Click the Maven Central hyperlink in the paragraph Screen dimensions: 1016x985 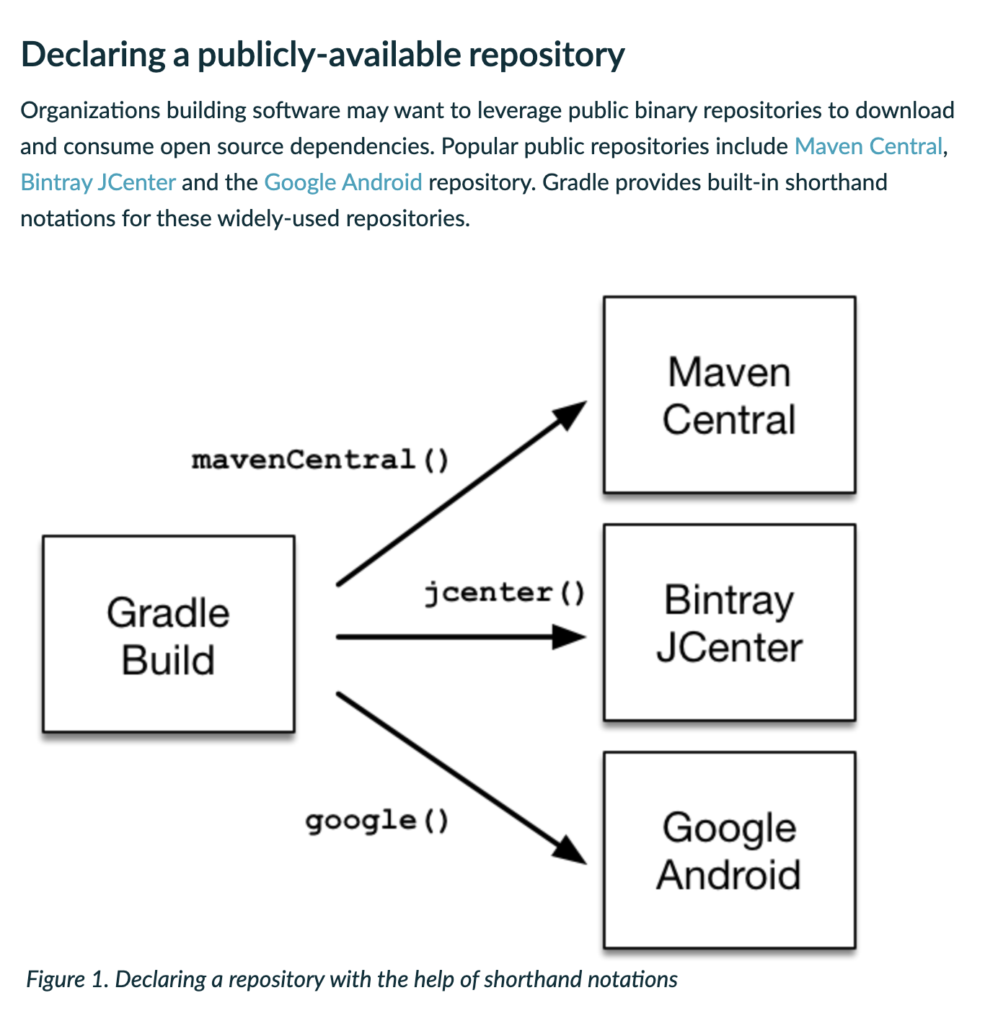[868, 146]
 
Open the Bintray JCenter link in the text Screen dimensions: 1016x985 [98, 182]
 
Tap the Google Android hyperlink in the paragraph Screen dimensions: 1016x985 [343, 182]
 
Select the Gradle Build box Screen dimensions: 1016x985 [169, 634]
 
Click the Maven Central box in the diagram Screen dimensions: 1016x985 [729, 395]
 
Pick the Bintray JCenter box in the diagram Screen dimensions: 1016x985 [729, 623]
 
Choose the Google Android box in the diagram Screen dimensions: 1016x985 [729, 850]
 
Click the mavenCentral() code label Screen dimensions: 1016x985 [320, 459]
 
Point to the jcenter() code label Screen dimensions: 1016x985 [504, 592]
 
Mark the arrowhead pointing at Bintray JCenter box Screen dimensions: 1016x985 [570, 637]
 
